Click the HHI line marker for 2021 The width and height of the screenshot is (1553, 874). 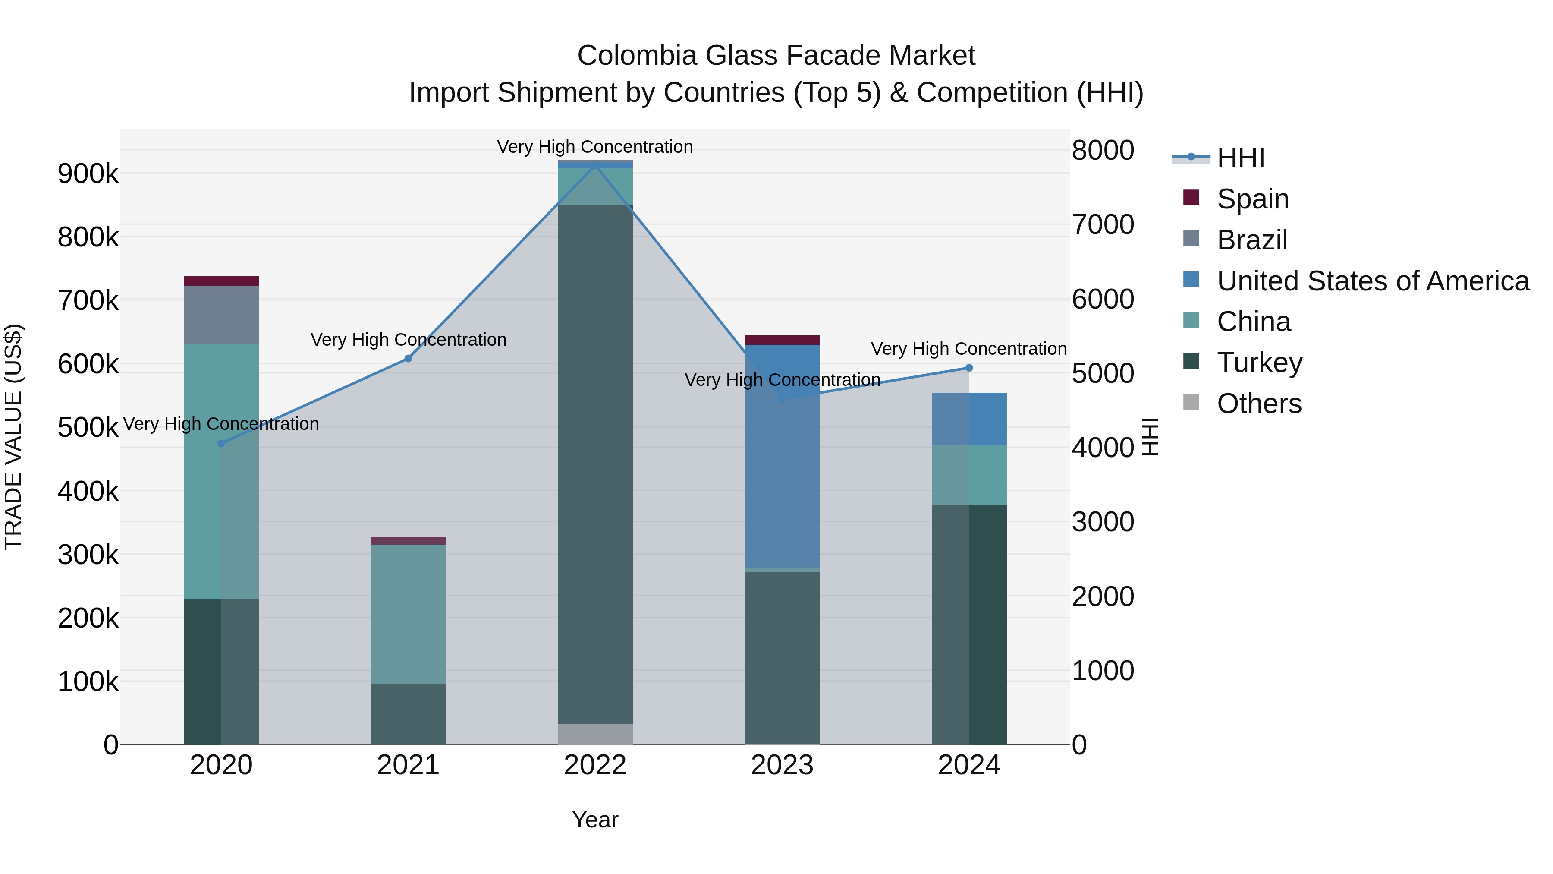(408, 358)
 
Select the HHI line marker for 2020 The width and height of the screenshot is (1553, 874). (221, 443)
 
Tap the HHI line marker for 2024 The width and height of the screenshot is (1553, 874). (969, 368)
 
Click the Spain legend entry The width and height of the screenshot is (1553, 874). (1252, 199)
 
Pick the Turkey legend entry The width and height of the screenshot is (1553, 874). (1259, 363)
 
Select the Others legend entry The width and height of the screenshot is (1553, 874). (1259, 404)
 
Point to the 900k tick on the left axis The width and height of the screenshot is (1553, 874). (88, 174)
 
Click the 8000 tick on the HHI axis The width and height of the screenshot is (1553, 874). (1103, 150)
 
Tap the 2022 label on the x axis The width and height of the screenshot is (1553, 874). (595, 765)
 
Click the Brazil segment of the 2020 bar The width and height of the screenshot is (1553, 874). (221, 315)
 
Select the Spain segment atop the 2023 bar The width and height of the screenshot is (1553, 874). (782, 340)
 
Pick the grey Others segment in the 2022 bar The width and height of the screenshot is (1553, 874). (595, 734)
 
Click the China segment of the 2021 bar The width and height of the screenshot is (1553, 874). (408, 614)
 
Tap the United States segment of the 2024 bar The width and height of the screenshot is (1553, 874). (969, 419)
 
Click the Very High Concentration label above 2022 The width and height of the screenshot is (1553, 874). (594, 147)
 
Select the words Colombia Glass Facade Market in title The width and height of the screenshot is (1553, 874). (776, 56)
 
